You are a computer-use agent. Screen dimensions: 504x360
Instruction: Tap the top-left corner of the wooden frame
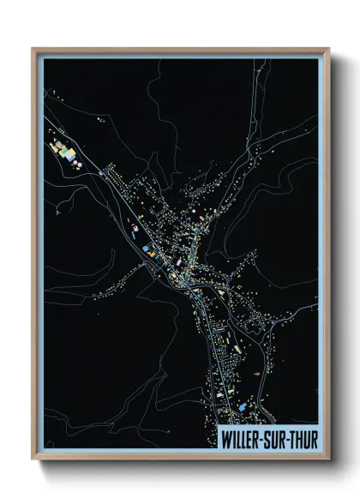[33, 49]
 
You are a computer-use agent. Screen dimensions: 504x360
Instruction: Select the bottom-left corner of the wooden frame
[33, 460]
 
